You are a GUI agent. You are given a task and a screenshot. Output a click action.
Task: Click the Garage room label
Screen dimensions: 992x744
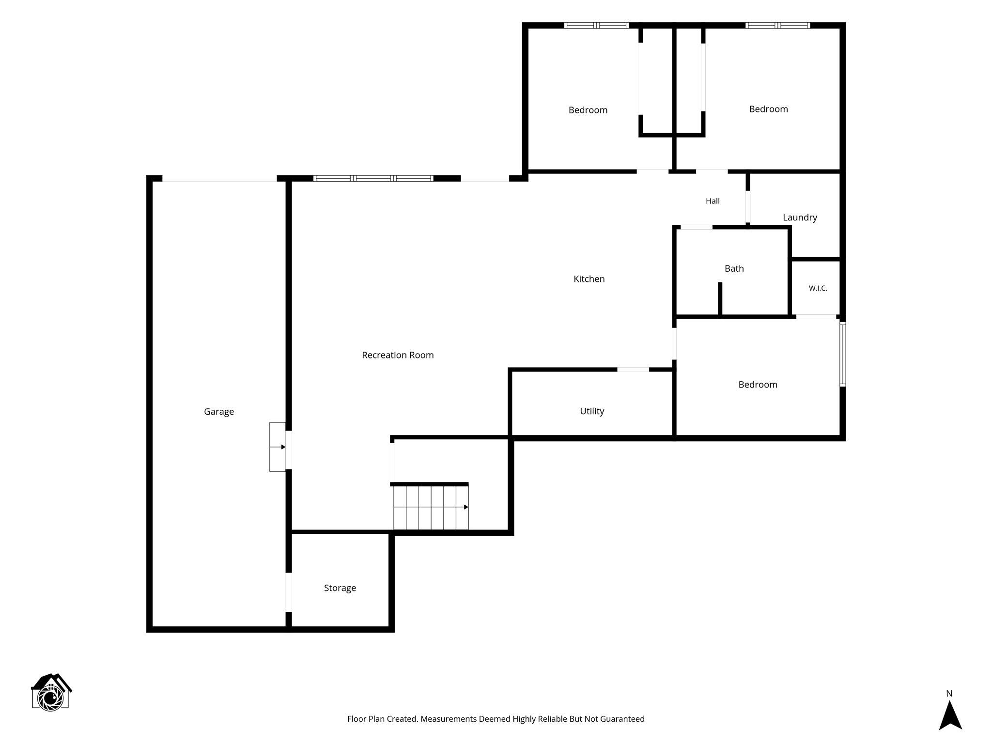(219, 412)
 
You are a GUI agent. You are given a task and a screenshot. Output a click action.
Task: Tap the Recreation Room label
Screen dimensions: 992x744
(398, 355)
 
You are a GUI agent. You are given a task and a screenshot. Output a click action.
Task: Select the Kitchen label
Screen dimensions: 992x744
(589, 279)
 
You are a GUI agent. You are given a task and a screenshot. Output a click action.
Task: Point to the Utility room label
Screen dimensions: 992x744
(592, 411)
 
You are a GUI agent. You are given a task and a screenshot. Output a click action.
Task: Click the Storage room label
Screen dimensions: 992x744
(340, 588)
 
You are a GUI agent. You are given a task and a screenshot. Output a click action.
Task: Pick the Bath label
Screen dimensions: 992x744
(734, 268)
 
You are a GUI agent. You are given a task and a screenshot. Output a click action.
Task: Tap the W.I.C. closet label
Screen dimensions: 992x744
(818, 288)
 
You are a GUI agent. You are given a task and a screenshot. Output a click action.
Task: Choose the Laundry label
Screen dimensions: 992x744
(800, 217)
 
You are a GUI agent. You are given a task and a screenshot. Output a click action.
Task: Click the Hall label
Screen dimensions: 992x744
(713, 201)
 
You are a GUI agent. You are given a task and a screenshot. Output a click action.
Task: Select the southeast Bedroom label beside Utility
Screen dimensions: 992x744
(758, 385)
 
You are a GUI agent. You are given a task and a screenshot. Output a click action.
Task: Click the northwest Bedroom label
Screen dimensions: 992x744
(588, 110)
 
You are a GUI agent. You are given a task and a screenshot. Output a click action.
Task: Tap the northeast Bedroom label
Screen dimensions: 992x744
(769, 109)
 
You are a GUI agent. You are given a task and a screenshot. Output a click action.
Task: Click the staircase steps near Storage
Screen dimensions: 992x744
(431, 508)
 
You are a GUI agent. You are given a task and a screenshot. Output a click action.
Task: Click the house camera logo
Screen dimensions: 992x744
(51, 692)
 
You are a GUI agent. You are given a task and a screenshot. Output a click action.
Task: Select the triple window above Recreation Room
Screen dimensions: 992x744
(373, 178)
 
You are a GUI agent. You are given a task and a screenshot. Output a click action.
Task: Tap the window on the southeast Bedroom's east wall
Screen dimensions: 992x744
(843, 354)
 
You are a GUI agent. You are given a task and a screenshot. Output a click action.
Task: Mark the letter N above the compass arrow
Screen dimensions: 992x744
(949, 694)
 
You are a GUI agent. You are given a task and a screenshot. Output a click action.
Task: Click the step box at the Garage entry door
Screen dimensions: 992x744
(278, 447)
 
